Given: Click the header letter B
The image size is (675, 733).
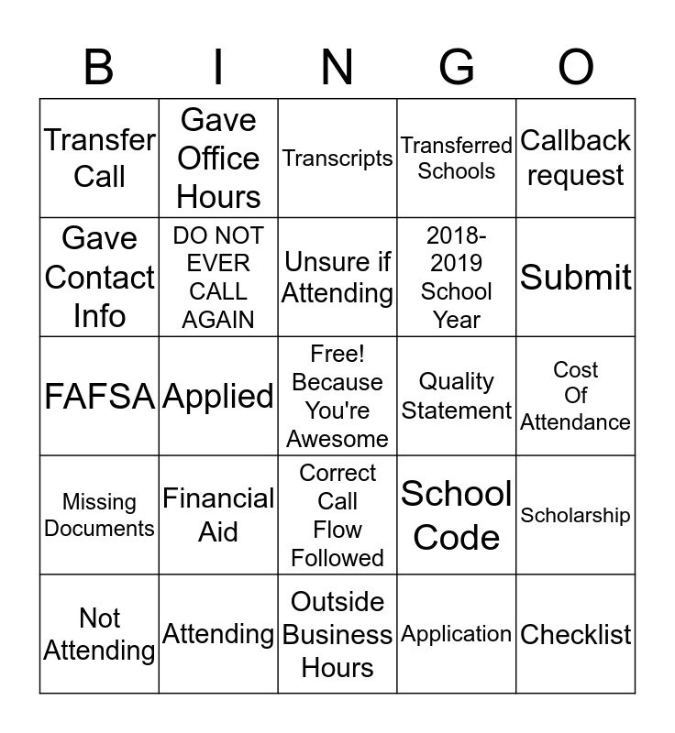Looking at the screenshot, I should (x=99, y=67).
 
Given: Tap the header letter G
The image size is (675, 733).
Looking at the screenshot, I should (x=457, y=67).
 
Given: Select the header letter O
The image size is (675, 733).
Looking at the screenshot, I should (x=576, y=67).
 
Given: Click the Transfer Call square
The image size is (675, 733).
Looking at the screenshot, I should (x=99, y=158).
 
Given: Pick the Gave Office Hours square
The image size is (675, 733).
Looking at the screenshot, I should (x=218, y=158).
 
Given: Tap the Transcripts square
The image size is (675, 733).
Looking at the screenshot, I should (x=337, y=158).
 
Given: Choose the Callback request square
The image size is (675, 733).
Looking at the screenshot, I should (x=576, y=158).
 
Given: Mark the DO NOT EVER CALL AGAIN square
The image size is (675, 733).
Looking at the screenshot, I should (x=218, y=277).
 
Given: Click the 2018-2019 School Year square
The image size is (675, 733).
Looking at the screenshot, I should (x=457, y=277).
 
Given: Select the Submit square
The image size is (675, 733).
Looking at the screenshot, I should (x=576, y=277).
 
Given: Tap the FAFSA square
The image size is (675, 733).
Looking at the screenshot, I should (x=99, y=396).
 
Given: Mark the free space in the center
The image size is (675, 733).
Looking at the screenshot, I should (x=337, y=396).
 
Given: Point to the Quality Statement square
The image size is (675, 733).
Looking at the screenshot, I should (x=457, y=396).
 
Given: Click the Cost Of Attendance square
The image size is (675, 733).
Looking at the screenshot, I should (x=576, y=396).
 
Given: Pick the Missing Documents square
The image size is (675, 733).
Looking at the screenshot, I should (x=99, y=515).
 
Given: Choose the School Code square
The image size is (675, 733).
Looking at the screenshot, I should (x=457, y=515).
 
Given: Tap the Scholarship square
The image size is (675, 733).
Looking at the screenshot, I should (x=576, y=515).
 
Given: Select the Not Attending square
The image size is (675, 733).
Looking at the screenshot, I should (x=99, y=634).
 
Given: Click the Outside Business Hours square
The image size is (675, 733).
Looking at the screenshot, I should (x=337, y=634).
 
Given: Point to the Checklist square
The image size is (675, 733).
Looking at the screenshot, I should (x=576, y=634).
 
